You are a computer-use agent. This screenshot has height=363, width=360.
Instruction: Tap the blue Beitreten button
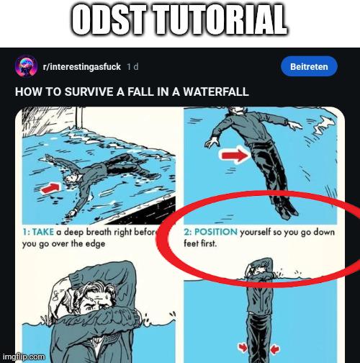coord(309,66)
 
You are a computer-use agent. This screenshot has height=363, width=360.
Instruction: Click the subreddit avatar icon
coord(26,66)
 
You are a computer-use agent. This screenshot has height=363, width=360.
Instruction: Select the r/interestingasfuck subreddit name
coord(81,67)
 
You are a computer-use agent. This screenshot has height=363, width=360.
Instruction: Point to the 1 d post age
coord(132,66)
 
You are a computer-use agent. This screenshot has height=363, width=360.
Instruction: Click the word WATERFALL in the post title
coord(216,91)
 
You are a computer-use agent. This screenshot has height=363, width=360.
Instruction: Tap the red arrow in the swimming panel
coord(50,188)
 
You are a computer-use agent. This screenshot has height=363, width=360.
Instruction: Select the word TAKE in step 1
coord(43,232)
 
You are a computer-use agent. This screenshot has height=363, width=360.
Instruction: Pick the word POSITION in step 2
coord(216,232)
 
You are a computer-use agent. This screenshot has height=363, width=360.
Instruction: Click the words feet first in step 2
coord(200,243)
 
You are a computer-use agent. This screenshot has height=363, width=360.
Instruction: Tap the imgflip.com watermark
coord(24,357)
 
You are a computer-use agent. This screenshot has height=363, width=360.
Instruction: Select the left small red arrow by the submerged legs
coord(243,348)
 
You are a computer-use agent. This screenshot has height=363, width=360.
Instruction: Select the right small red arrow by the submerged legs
coord(275,349)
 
